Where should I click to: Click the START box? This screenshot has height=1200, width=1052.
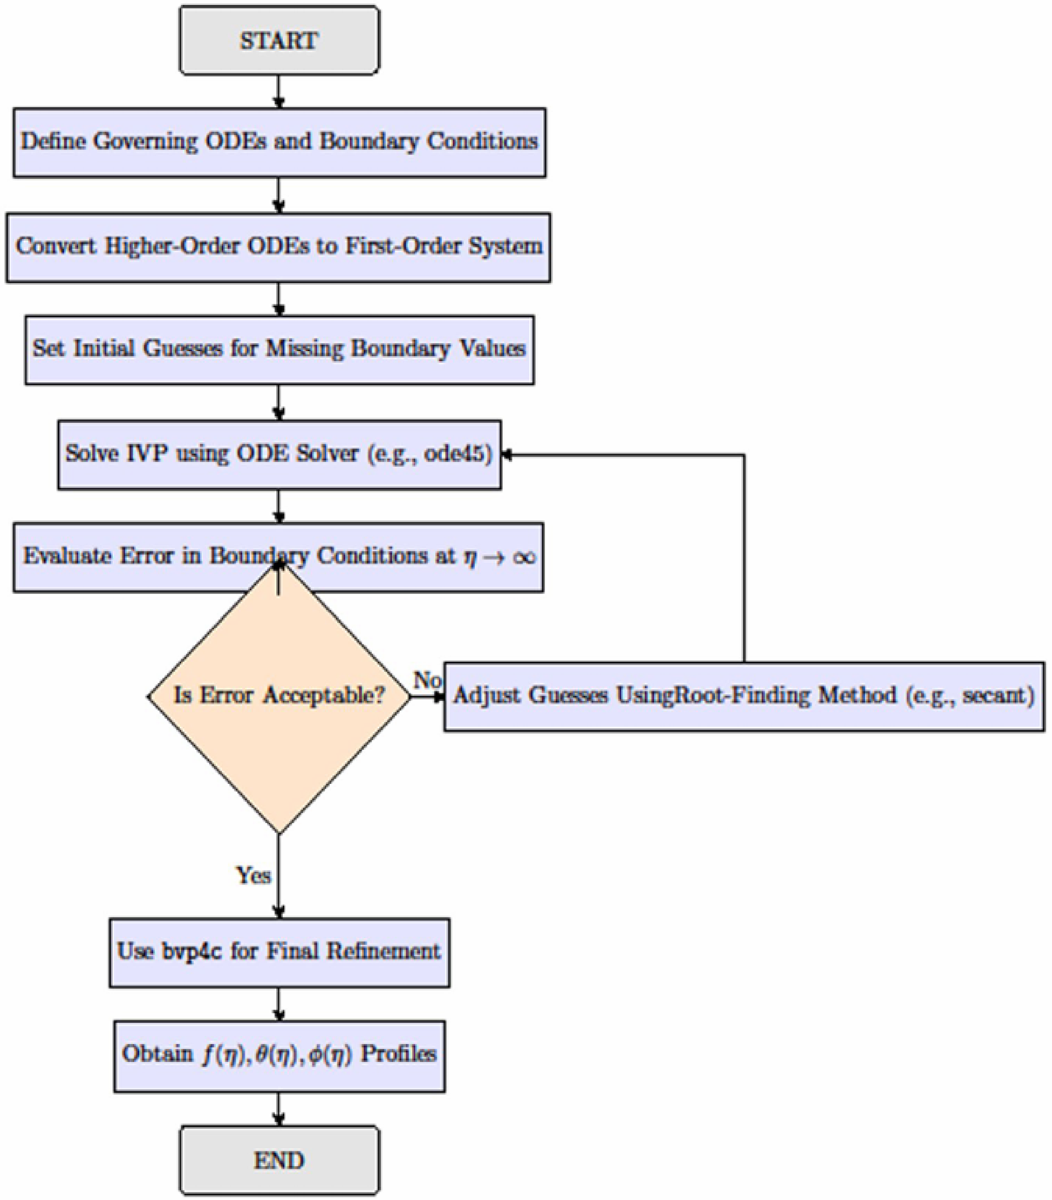279,40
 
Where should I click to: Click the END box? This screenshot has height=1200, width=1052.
279,1160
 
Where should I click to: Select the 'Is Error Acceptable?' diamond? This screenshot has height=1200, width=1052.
279,696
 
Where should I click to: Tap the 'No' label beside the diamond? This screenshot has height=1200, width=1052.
426,680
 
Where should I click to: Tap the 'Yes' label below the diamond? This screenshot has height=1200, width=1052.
253,875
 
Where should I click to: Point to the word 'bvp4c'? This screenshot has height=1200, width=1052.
192,951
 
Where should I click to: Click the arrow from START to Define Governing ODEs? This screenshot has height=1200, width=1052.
279,92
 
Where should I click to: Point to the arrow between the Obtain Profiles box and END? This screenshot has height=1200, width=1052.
279,1108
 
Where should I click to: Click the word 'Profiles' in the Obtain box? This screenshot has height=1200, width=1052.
398,1054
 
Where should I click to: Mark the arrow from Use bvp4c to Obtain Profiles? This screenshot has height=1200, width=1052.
279,1004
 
